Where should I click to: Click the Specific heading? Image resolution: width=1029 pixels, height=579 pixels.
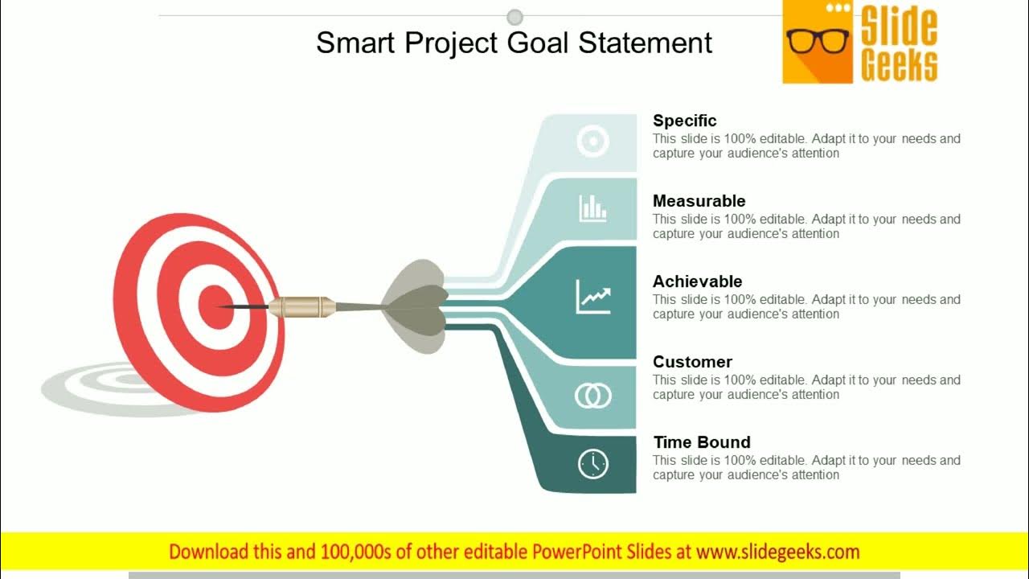684,121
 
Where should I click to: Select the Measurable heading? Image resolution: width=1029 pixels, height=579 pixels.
699,201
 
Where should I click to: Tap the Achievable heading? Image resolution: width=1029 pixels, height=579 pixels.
697,281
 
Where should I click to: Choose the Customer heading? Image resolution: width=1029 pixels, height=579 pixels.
692,362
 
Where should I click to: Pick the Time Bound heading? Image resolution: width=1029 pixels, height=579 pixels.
701,442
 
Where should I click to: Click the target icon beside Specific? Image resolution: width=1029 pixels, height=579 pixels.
593,142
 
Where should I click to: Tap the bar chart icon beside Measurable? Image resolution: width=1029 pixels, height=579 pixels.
593,208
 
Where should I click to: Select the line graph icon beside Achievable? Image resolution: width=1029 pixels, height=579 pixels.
593,297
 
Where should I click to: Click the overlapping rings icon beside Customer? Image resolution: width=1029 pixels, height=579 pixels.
593,395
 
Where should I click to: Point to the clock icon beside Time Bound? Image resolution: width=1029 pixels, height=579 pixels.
593,464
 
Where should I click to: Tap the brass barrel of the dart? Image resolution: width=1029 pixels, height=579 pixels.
301,306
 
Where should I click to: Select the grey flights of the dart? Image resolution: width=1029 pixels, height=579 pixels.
416,306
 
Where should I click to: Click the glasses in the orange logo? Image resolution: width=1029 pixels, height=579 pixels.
818,40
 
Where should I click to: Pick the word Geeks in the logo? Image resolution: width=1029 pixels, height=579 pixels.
899,65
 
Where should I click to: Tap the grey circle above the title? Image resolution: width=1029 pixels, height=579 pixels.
515,17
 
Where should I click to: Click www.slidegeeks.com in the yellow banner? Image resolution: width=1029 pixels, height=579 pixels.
777,552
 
